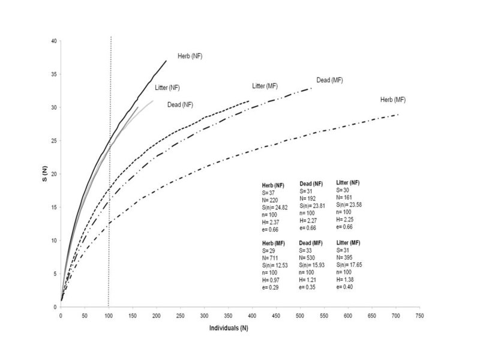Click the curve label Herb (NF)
coord(190,56)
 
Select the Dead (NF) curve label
coord(180,104)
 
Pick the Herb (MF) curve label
coord(393,99)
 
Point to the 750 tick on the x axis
coord(419,315)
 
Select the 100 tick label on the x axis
coord(108,315)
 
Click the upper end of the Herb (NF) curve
coord(166,61)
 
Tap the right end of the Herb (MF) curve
coord(398,114)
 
